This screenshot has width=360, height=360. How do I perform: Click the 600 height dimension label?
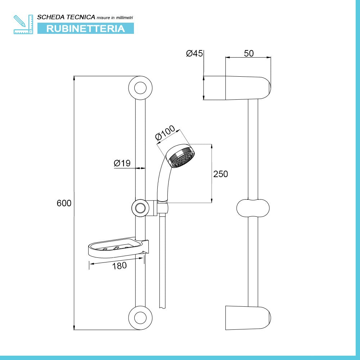point(64,203)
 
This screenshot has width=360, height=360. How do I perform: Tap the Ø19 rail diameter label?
point(122,163)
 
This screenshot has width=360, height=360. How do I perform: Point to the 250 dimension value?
point(221,174)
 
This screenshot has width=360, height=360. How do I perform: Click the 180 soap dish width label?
point(120,266)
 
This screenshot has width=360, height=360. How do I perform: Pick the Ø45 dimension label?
point(194,54)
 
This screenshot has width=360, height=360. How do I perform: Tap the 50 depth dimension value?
point(249,54)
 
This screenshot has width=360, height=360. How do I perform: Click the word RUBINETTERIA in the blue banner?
point(86,29)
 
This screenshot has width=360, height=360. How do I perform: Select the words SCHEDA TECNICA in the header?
point(66,17)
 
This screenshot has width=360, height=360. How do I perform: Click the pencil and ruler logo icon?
point(23,24)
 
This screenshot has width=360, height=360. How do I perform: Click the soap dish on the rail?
point(118,248)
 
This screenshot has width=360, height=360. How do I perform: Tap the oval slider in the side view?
point(253,208)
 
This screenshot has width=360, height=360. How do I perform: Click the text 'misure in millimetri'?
point(115,18)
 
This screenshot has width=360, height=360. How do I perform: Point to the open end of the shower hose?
point(162,307)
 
